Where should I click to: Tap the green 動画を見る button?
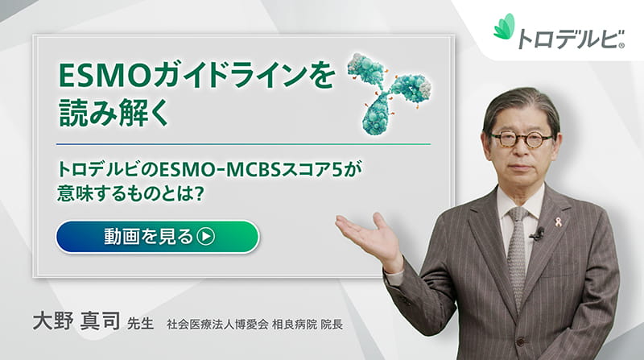tap(157, 237)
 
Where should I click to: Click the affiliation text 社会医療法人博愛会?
tap(210, 325)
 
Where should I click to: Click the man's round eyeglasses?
tap(522, 138)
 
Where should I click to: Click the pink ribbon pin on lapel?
tap(558, 221)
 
